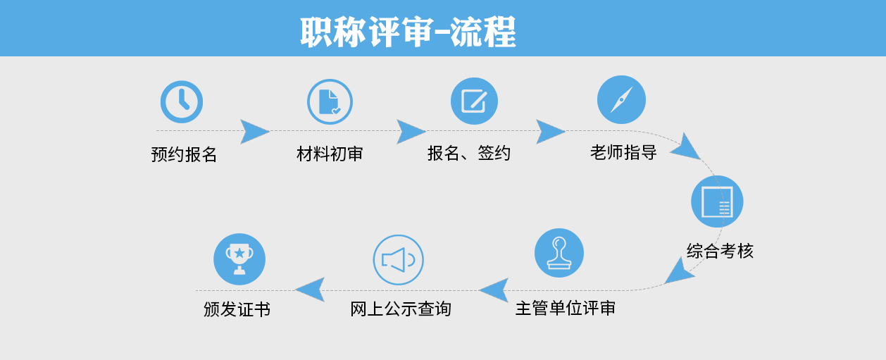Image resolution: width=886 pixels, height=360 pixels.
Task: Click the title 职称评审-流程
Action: [x=408, y=32]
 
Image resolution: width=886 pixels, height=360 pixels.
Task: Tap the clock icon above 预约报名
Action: [x=182, y=101]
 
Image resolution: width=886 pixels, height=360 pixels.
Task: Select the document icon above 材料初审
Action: [x=330, y=101]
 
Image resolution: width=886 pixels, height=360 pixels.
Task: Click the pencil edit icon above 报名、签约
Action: [x=474, y=101]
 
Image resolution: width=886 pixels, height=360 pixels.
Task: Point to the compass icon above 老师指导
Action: [x=621, y=100]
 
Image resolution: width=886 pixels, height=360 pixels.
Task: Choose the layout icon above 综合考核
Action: [x=717, y=201]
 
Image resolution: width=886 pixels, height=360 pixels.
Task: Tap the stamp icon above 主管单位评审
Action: [x=559, y=253]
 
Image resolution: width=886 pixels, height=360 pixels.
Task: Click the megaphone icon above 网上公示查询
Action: [x=399, y=260]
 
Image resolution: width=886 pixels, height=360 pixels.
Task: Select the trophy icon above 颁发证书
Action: [x=239, y=259]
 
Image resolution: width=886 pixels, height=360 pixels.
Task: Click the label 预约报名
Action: [x=184, y=154]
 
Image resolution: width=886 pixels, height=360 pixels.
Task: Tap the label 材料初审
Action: [x=330, y=154]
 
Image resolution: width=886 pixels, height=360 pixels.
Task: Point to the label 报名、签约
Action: [x=469, y=153]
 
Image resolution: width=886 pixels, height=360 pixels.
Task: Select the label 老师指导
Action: [x=623, y=152]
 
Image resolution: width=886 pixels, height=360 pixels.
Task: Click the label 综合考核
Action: [x=720, y=252]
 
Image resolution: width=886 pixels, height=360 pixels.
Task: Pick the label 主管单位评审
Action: [x=566, y=308]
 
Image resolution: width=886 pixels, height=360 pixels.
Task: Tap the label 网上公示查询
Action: [x=401, y=309]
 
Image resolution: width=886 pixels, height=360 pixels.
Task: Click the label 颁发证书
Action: [x=237, y=309]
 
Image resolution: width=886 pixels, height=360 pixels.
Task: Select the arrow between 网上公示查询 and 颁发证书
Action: [x=311, y=290]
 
